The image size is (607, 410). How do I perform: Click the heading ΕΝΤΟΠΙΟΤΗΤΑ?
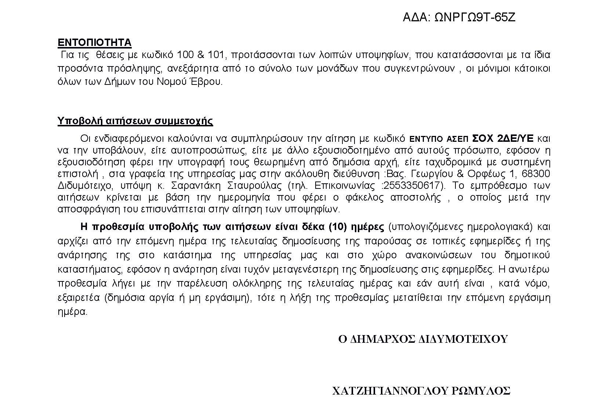(94, 43)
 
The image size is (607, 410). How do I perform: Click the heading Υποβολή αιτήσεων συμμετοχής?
(135, 121)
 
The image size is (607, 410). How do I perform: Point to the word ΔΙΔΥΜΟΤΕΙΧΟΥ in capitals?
(463, 339)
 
